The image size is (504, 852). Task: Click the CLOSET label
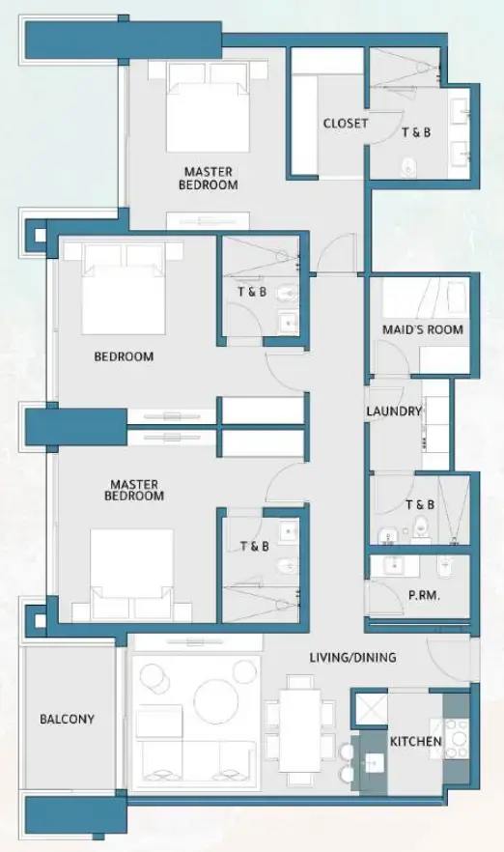click(345, 124)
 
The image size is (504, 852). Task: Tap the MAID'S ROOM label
click(422, 329)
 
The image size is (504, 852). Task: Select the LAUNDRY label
click(394, 412)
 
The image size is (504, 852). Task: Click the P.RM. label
click(425, 596)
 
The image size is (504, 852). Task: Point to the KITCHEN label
click(415, 742)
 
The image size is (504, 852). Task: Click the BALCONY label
click(67, 720)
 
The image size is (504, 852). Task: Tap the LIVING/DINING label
click(352, 658)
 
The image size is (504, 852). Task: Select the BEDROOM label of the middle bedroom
click(124, 356)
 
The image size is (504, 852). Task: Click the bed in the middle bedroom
click(124, 289)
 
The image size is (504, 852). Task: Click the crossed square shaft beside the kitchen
click(370, 710)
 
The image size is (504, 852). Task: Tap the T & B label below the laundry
click(419, 504)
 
